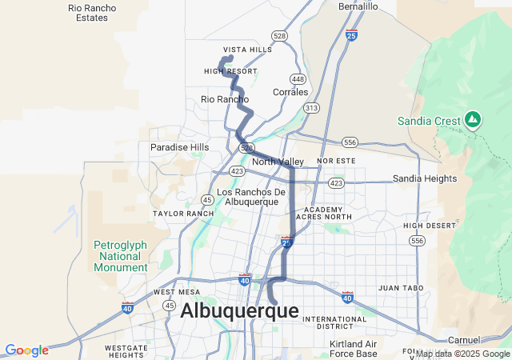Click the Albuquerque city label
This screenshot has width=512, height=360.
(239, 311)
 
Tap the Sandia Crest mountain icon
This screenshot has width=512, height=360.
(473, 120)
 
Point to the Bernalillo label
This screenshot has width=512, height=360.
(358, 6)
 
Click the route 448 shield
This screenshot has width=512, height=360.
(298, 79)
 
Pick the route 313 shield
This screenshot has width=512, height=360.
(311, 107)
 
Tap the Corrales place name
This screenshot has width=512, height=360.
(290, 92)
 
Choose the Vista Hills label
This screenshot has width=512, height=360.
(247, 50)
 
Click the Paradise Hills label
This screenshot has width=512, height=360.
(179, 147)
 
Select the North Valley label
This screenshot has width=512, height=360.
(278, 162)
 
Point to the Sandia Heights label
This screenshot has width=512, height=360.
(424, 178)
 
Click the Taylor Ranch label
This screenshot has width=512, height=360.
(183, 214)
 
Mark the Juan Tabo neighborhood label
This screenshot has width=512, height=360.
(399, 287)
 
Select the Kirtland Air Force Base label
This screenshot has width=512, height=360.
(353, 349)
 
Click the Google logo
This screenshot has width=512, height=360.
(26, 350)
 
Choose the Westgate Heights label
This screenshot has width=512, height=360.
(125, 351)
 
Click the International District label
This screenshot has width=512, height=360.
(334, 322)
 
